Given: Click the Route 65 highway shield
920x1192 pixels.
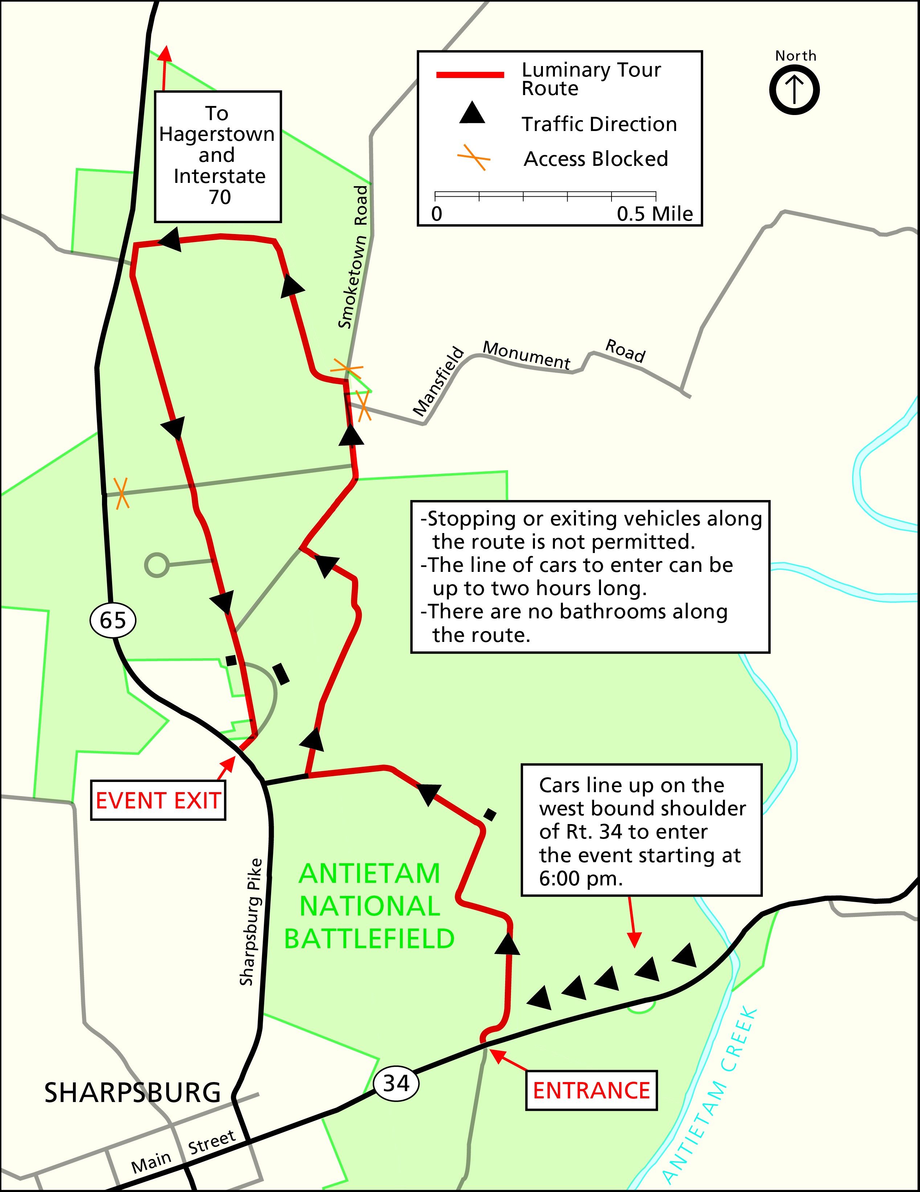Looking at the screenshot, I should [x=113, y=620].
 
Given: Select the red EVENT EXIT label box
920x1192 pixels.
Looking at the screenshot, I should [x=158, y=800].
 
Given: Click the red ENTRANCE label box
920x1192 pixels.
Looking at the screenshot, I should [x=591, y=1090].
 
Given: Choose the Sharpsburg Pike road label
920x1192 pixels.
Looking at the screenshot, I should [x=251, y=922].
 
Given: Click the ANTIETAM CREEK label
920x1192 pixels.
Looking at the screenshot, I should [x=710, y=1097].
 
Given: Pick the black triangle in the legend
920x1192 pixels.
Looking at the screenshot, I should [x=472, y=113].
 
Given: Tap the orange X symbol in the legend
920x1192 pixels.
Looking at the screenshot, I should [x=473, y=158].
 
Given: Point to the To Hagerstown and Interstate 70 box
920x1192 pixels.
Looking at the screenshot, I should [x=218, y=157].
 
